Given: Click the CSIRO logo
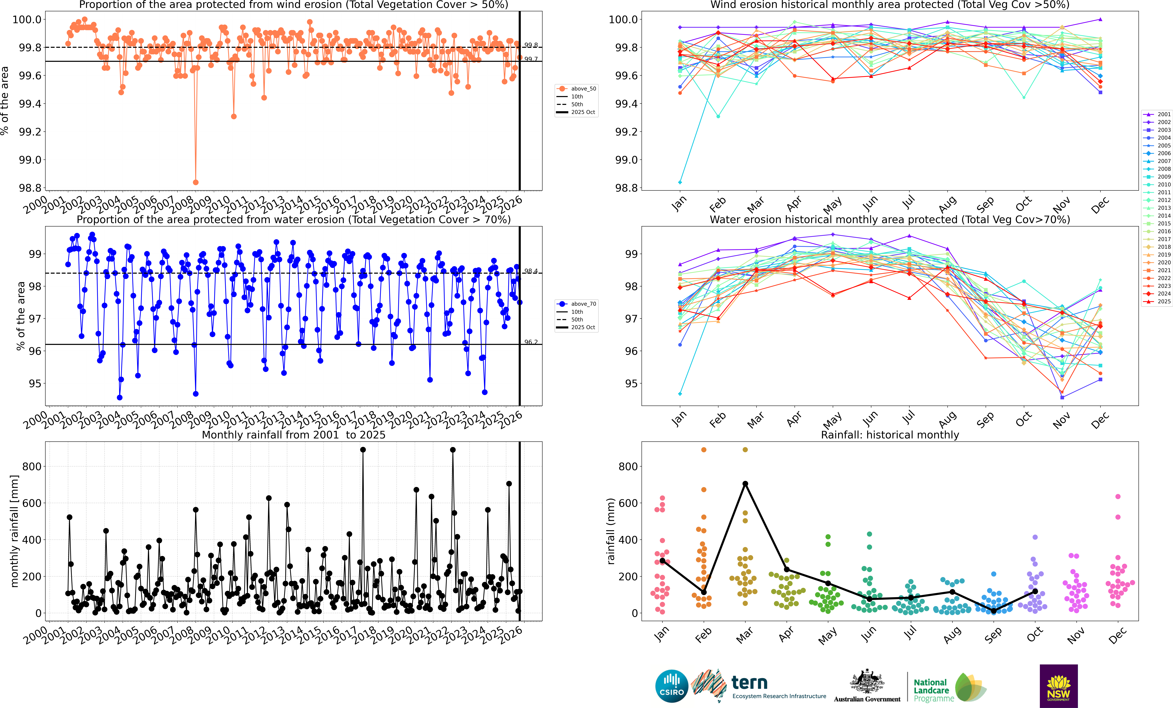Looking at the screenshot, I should coord(672,686).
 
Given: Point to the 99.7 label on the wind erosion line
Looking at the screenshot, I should coord(531,59).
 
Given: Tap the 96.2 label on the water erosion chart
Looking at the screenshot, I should coord(531,342).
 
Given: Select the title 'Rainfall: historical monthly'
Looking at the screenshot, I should coord(890,435).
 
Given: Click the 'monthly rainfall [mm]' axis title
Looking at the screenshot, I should coord(14,531).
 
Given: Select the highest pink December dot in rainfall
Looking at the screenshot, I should coord(1118,497).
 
